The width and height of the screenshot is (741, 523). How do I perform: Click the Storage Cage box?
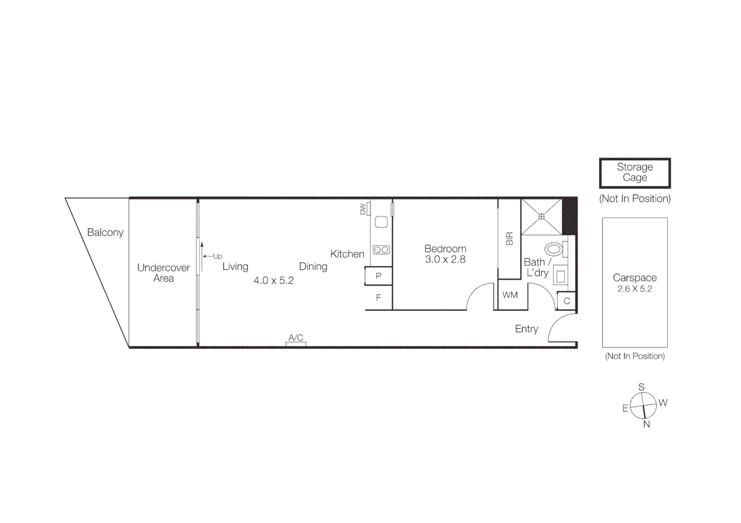(634, 173)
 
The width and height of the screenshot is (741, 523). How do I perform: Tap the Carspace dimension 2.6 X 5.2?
(634, 289)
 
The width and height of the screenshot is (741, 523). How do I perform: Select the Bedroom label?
(445, 249)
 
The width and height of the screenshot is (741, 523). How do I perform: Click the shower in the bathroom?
(541, 216)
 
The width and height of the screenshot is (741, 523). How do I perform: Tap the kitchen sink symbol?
(381, 222)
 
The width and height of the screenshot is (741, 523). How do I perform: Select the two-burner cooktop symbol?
(381, 250)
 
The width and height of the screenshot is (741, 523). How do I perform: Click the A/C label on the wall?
(296, 338)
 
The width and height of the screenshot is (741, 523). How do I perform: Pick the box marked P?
(378, 276)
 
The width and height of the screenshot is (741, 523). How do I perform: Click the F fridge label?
(378, 298)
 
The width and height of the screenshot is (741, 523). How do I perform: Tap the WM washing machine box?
(510, 295)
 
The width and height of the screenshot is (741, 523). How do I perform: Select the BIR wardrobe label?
(509, 239)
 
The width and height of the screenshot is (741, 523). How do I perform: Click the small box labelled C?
(567, 301)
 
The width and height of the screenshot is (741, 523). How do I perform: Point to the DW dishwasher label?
(363, 209)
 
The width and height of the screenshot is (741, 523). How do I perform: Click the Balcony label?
(105, 232)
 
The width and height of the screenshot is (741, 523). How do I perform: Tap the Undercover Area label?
(163, 273)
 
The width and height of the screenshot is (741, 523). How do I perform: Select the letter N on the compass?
(646, 424)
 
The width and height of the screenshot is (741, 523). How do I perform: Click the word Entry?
(526, 329)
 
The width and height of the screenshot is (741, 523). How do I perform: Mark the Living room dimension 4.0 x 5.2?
(273, 281)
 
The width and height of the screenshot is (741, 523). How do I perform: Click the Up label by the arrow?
(218, 256)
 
